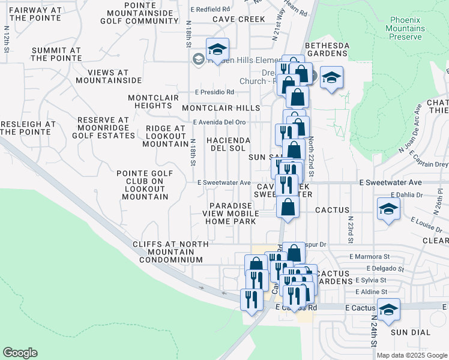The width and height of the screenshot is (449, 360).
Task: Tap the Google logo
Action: point(20,353)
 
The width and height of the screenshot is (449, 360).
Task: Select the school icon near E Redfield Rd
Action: point(217,49)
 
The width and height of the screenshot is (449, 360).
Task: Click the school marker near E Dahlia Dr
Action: point(388,209)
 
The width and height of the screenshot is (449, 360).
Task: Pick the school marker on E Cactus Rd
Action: point(388,310)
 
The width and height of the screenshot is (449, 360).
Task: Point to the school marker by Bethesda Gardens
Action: point(331,78)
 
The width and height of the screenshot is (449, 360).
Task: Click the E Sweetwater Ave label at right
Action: point(399,182)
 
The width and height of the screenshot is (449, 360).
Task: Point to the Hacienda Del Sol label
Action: point(228,144)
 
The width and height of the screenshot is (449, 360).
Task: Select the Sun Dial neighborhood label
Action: point(408,332)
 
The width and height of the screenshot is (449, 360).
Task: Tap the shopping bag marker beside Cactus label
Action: point(288,208)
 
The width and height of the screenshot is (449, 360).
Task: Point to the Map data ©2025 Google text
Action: point(411,355)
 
